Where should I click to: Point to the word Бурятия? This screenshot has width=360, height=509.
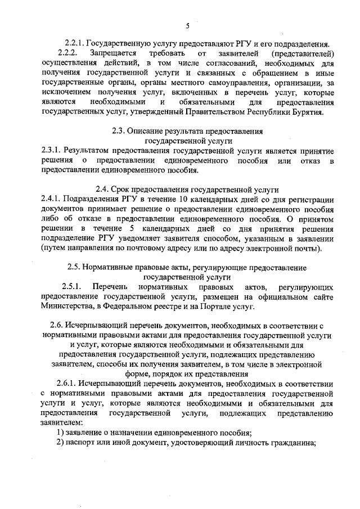point(308,112)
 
